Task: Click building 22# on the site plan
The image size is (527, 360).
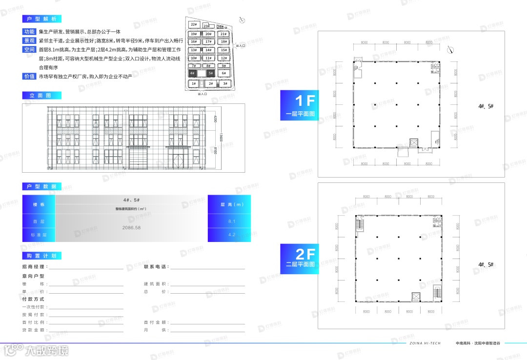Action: pyautogui.click(x=194, y=24)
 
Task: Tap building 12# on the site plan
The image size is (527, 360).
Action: pyautogui.click(x=223, y=58)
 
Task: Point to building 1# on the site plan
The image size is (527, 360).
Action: pyautogui.click(x=194, y=84)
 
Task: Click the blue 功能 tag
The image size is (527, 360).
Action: pyautogui.click(x=29, y=32)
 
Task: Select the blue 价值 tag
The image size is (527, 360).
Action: pyautogui.click(x=29, y=76)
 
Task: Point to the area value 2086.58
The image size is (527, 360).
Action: pyautogui.click(x=131, y=228)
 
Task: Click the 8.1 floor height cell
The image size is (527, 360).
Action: pyautogui.click(x=232, y=221)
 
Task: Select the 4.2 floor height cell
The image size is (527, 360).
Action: pyautogui.click(x=232, y=235)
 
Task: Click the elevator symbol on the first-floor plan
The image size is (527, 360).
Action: pyautogui.click(x=414, y=143)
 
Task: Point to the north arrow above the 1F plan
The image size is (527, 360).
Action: pyautogui.click(x=449, y=49)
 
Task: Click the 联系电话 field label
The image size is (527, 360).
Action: pyautogui.click(x=156, y=267)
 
